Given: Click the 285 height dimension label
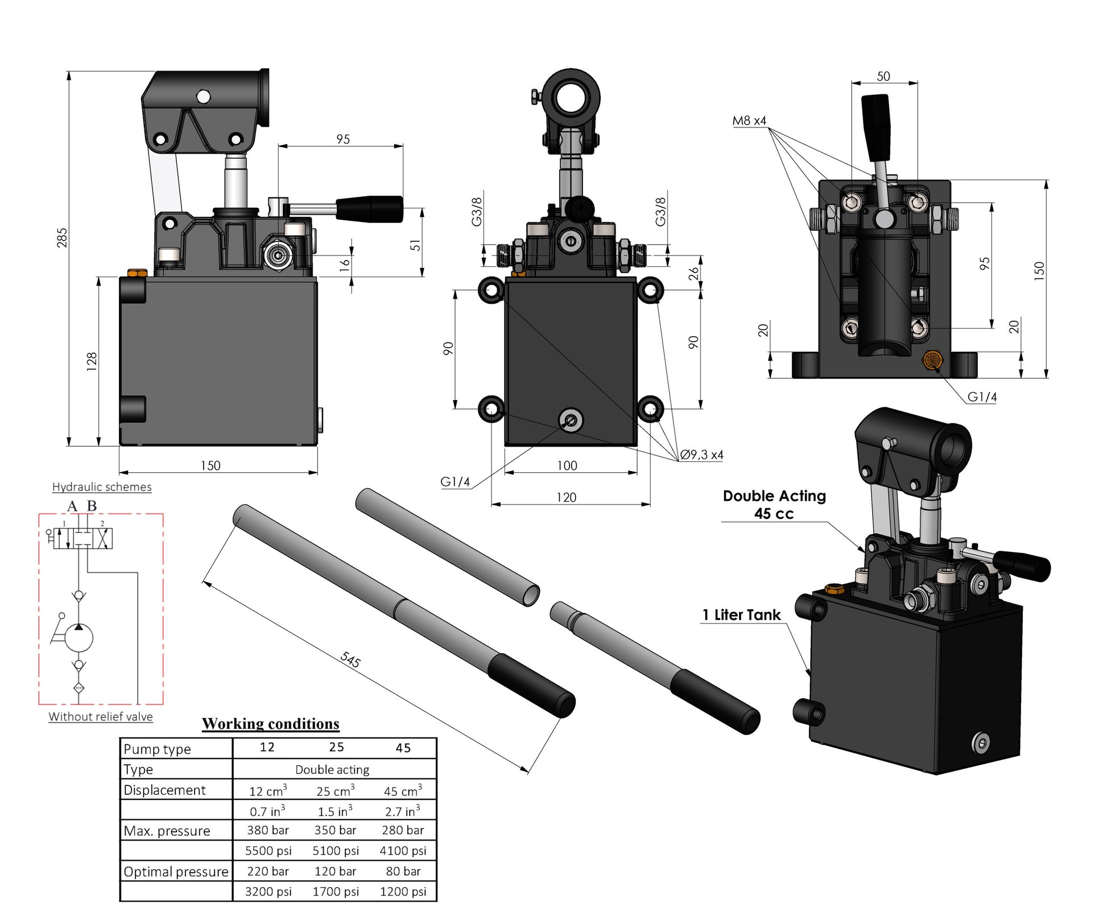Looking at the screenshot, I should click(62, 237).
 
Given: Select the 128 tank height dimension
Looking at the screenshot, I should click(92, 361).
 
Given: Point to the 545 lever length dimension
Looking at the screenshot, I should click(350, 659).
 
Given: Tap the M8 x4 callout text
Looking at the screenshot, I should click(749, 121).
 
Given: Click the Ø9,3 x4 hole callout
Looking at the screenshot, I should click(701, 455).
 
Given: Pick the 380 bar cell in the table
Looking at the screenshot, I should click(267, 830).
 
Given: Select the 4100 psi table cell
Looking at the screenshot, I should click(403, 851).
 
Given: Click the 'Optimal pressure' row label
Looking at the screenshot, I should click(176, 872).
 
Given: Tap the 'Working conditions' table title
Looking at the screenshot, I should click(271, 724).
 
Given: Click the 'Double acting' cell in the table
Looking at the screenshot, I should click(332, 770).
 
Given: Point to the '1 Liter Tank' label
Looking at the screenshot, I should click(741, 615).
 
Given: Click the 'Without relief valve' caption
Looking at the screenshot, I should click(101, 717).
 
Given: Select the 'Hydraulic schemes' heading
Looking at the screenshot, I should click(102, 487).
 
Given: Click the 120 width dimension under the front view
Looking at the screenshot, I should click(566, 497).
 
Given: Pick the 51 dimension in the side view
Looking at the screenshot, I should click(416, 245).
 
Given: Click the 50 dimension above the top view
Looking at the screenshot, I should click(883, 76).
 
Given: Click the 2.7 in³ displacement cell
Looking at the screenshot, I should click(403, 811).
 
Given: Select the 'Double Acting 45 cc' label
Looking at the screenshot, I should click(774, 505).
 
